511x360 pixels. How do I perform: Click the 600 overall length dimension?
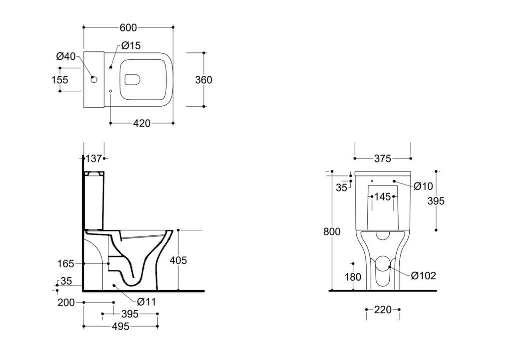[x=129, y=27]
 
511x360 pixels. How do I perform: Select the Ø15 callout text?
[x=131, y=46]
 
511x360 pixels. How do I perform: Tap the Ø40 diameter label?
[x=66, y=57]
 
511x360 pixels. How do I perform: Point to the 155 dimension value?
[x=60, y=80]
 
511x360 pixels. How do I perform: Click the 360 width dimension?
[x=204, y=80]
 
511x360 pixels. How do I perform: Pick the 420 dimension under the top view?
[x=142, y=123]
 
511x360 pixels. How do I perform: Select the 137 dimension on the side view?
[x=93, y=159]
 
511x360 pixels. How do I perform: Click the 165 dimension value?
[x=65, y=263]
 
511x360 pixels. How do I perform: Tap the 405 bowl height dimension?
[x=179, y=260]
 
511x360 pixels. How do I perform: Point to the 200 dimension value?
[x=66, y=302]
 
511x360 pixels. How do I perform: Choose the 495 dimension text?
[x=120, y=327]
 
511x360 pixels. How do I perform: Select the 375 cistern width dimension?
[x=382, y=159]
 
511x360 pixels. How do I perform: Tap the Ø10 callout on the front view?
[x=423, y=186]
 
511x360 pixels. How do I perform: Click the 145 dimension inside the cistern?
[x=382, y=197]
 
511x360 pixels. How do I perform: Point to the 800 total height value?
[x=332, y=231]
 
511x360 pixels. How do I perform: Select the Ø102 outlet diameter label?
[x=423, y=276]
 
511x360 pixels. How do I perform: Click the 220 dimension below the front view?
[x=383, y=310]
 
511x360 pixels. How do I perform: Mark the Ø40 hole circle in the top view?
[x=93, y=79]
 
